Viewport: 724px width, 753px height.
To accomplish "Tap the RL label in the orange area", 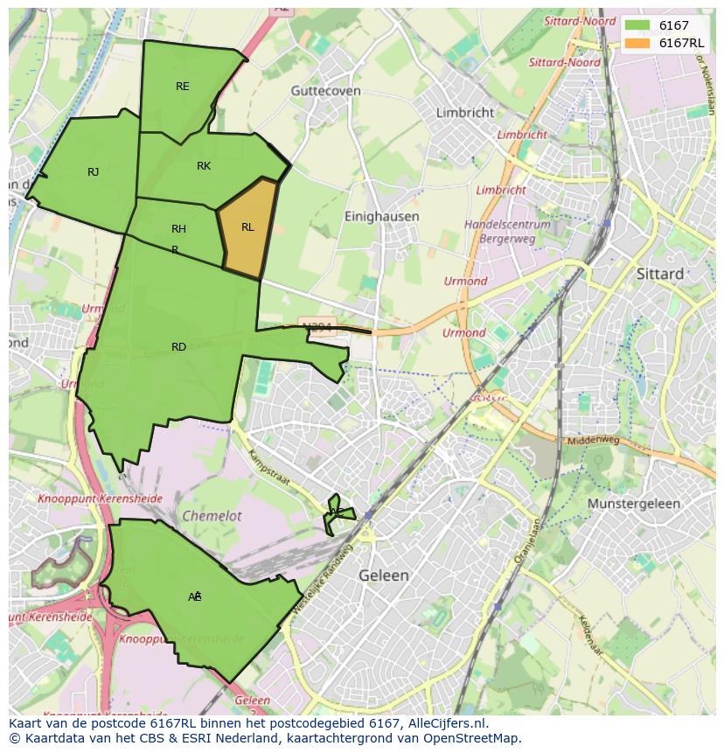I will [x=247, y=227].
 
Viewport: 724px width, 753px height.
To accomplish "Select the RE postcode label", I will [x=182, y=86].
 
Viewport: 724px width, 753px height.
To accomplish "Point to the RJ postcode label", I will [x=93, y=172].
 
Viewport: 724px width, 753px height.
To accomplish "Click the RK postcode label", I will [x=204, y=166].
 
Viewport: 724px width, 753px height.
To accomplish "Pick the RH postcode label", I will [x=178, y=229].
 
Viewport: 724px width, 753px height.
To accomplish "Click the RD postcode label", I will [x=178, y=347].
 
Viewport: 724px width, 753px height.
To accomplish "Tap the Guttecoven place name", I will [x=326, y=90].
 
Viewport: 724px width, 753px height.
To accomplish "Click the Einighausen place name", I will [x=381, y=216].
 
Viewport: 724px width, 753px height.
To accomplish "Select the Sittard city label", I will [x=660, y=274].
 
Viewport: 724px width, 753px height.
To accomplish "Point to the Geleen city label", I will [x=383, y=575].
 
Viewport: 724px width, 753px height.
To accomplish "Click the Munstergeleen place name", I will [x=634, y=505].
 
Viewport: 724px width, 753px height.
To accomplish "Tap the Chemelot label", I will [x=212, y=516].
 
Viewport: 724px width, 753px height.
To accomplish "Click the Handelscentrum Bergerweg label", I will [x=508, y=231].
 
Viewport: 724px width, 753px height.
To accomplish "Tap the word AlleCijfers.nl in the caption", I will [x=448, y=724].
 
